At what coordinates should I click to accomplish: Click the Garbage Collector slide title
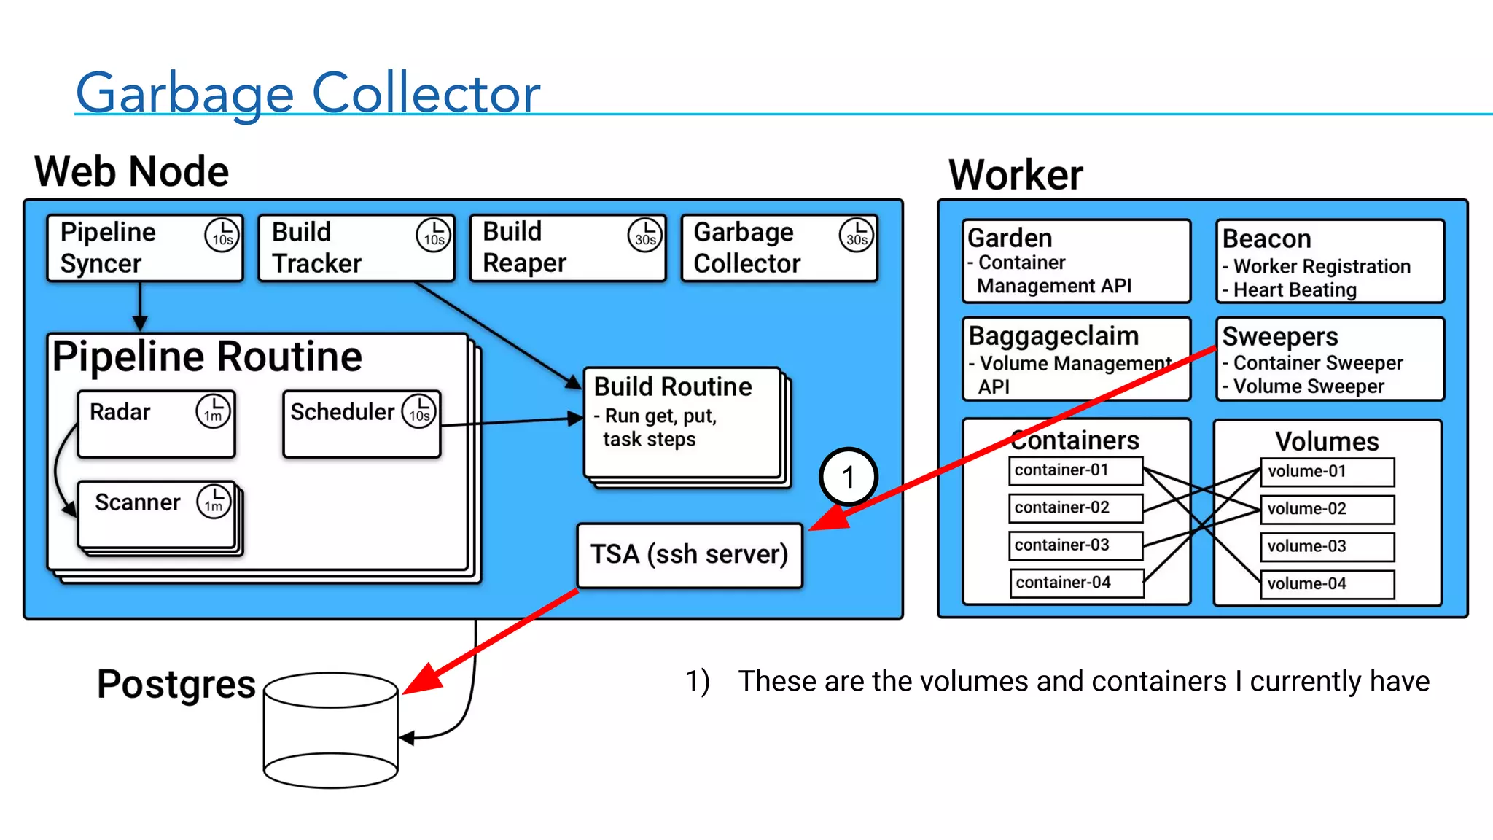click(x=308, y=93)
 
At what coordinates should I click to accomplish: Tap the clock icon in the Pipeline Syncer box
click(x=222, y=235)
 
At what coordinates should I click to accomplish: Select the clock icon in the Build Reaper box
click(x=644, y=235)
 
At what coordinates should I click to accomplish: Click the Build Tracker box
click(x=356, y=248)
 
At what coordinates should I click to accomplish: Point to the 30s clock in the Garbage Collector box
click(x=857, y=235)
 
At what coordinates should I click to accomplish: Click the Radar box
click(x=156, y=424)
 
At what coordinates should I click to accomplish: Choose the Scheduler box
click(x=362, y=424)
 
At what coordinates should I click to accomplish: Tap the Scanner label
click(x=137, y=502)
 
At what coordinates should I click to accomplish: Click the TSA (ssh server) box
click(x=689, y=555)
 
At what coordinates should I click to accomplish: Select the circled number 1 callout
click(x=848, y=478)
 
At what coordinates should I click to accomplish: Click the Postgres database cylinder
click(x=330, y=729)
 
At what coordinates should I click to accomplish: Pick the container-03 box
click(x=1075, y=545)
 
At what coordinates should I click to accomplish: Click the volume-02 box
click(x=1327, y=509)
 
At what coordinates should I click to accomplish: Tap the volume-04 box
click(x=1327, y=584)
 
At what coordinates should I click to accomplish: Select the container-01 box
click(x=1075, y=470)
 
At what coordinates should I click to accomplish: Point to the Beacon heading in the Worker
click(x=1266, y=239)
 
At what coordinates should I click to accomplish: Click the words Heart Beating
click(x=1295, y=290)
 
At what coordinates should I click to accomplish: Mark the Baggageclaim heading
click(x=1053, y=336)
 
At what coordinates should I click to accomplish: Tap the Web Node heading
click(x=132, y=172)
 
